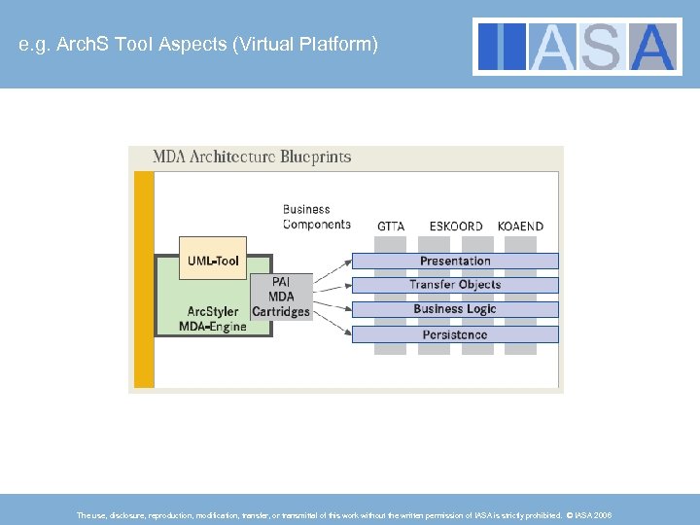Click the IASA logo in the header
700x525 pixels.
tap(577, 46)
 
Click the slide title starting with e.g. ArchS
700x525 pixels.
tap(198, 45)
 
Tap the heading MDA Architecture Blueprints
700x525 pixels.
tap(252, 157)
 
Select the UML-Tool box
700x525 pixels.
tap(213, 261)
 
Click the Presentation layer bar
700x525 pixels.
tap(455, 261)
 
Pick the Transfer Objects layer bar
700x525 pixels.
tap(455, 285)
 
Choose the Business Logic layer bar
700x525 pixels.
tap(455, 309)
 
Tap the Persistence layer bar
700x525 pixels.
tap(455, 334)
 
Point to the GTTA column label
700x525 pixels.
tap(391, 227)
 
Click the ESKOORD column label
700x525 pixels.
tap(456, 227)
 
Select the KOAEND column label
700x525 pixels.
tap(520, 227)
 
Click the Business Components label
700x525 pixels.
tap(316, 217)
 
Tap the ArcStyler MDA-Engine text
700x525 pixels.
tap(213, 319)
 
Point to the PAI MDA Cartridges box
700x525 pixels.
tap(280, 296)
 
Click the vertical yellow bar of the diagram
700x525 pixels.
tap(144, 278)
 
